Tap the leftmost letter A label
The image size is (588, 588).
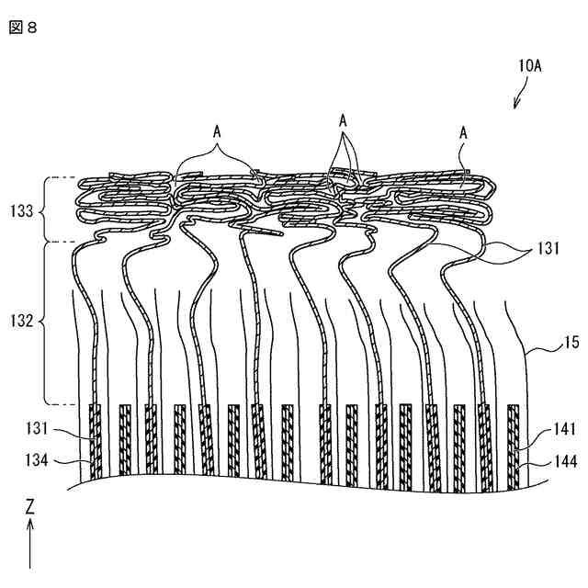point(217,131)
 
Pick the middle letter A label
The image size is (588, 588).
point(343,120)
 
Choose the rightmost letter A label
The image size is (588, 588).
point(463,133)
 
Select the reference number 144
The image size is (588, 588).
point(566,463)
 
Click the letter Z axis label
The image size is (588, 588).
point(30,506)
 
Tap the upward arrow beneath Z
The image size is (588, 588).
point(30,542)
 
